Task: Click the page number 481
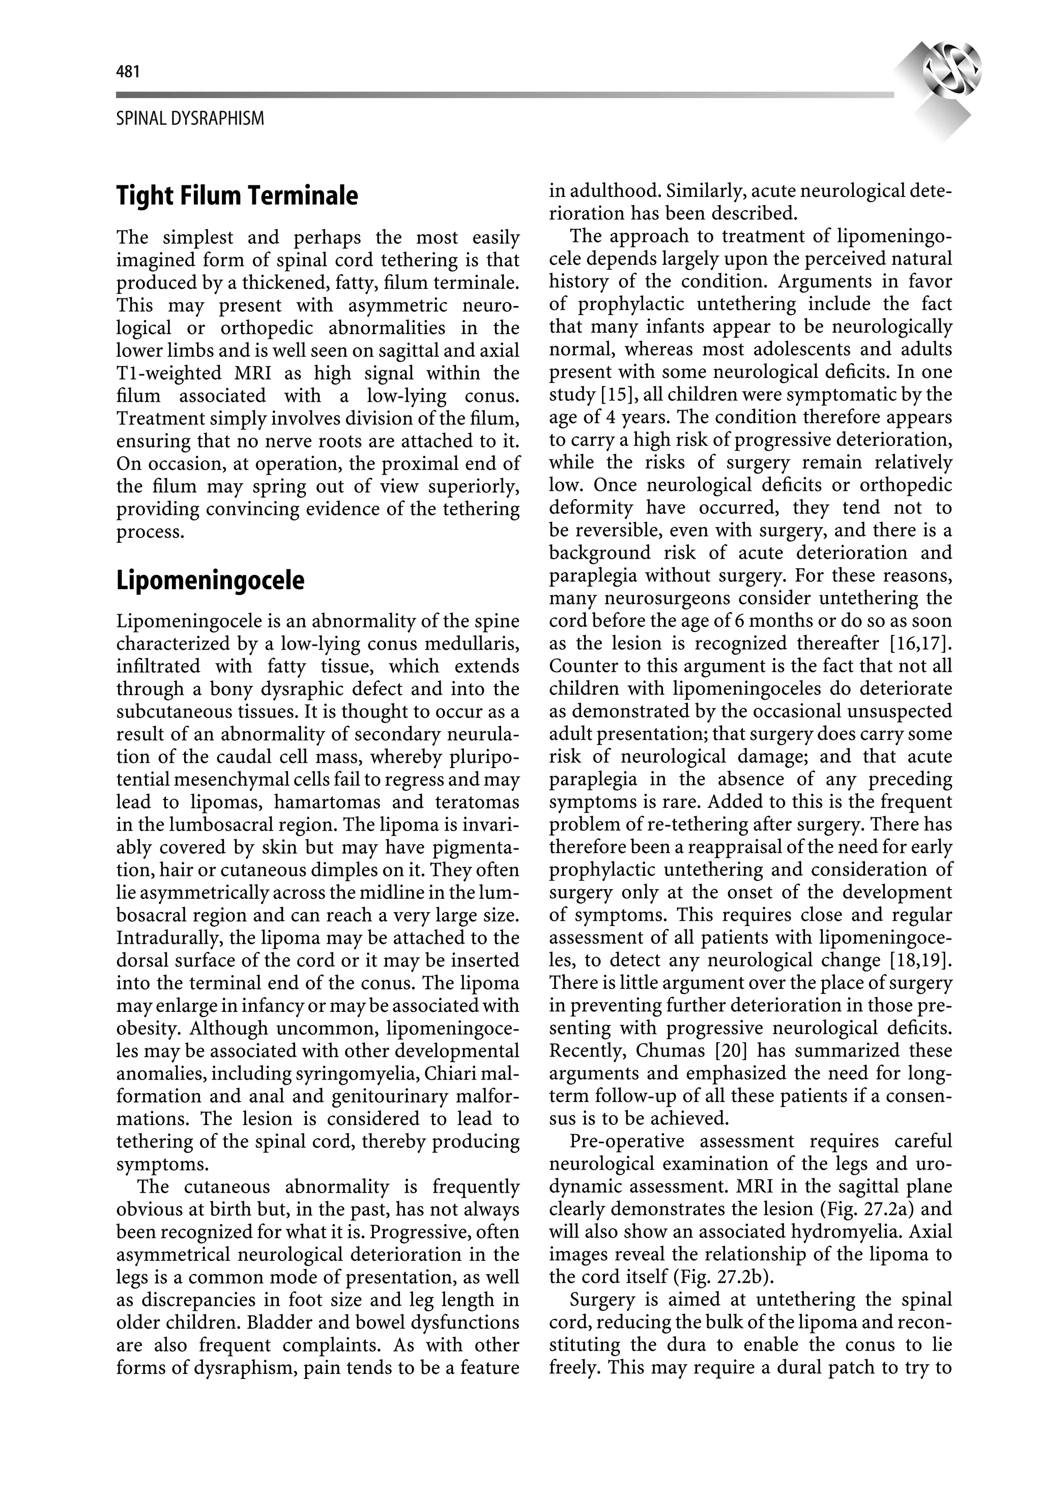click(x=128, y=72)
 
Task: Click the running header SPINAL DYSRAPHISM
click(x=190, y=119)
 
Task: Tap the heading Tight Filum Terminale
click(x=237, y=196)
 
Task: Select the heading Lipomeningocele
click(x=210, y=581)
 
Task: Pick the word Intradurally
click(x=171, y=939)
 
